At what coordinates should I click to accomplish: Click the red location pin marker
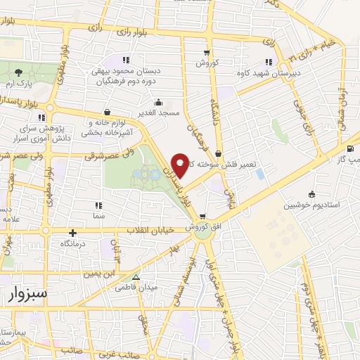click(181, 164)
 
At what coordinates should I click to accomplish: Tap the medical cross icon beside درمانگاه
click(73, 232)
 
